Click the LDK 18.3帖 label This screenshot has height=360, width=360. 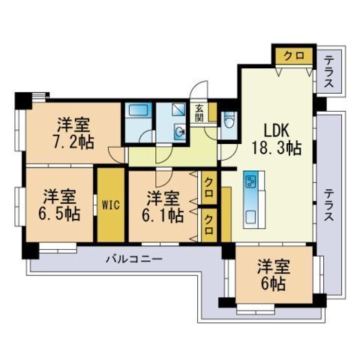point(276,139)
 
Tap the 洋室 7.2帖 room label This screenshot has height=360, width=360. point(73,133)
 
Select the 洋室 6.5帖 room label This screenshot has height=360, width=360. point(59,205)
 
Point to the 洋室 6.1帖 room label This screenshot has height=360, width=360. point(163,207)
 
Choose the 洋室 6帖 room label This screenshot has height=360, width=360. point(274,275)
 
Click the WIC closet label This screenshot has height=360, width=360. point(111,205)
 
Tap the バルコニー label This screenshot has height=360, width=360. point(134,259)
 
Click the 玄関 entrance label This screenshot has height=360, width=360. point(199,112)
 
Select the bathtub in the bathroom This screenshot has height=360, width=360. point(138,109)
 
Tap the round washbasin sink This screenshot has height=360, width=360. point(179,131)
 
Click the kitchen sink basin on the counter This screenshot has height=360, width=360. point(250,217)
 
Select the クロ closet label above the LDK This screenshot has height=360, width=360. point(295,55)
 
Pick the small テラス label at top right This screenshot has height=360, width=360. point(328,72)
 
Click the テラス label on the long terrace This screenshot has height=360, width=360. point(328,205)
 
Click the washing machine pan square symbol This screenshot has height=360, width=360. point(178,109)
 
